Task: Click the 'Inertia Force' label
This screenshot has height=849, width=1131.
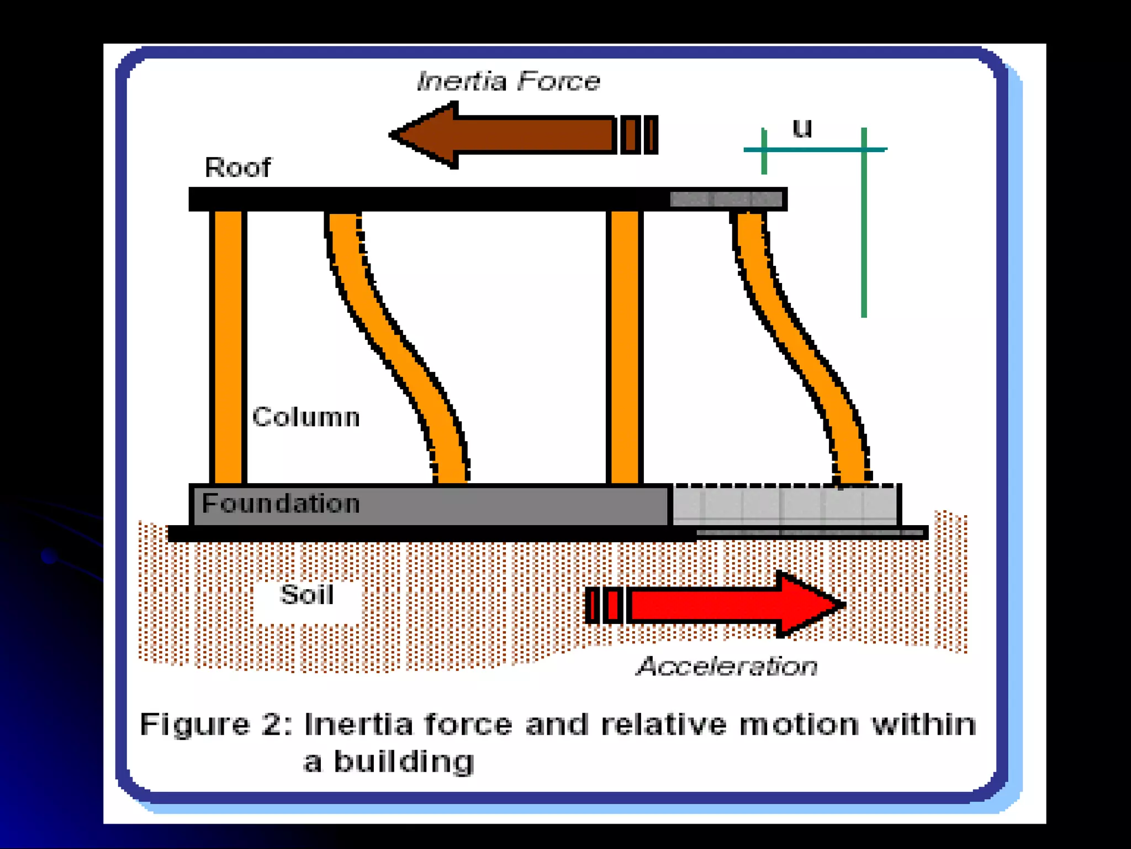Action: click(x=508, y=81)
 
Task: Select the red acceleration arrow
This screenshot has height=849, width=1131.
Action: click(x=718, y=604)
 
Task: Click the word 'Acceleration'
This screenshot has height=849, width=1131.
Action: click(x=727, y=666)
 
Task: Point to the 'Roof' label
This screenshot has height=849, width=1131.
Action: click(x=237, y=167)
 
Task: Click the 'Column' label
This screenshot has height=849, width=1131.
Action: click(x=306, y=417)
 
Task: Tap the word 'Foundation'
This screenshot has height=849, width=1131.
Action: click(x=281, y=504)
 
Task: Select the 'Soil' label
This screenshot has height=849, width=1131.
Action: click(x=307, y=595)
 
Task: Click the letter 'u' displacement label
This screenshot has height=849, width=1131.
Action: click(x=802, y=128)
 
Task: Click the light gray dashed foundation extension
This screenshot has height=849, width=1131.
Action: click(x=784, y=504)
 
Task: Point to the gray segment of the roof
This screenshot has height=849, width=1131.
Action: click(x=726, y=198)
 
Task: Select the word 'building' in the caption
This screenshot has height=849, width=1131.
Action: click(x=404, y=762)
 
